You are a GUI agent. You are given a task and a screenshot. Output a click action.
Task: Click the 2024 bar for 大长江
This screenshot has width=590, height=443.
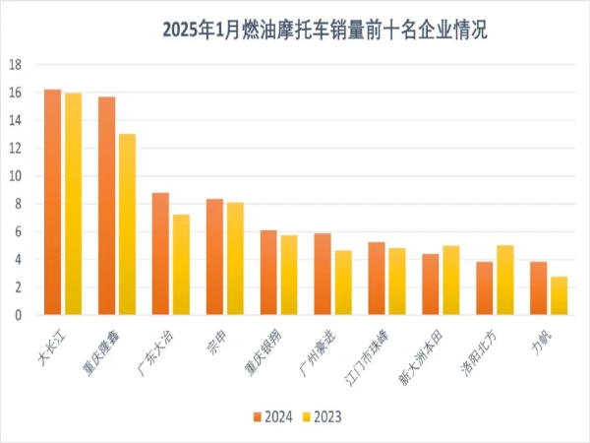coord(53,203)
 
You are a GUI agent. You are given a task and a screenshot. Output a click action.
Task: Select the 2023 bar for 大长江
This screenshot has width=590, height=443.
coord(73,205)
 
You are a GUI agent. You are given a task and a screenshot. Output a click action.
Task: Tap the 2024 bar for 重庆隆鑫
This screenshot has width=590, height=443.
coord(107,206)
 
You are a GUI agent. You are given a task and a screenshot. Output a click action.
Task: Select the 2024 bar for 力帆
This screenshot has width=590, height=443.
coord(538,288)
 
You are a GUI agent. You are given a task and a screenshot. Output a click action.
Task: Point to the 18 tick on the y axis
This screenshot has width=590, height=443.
coord(16,65)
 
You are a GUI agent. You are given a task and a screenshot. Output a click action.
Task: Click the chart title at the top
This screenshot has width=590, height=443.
coord(324,31)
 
